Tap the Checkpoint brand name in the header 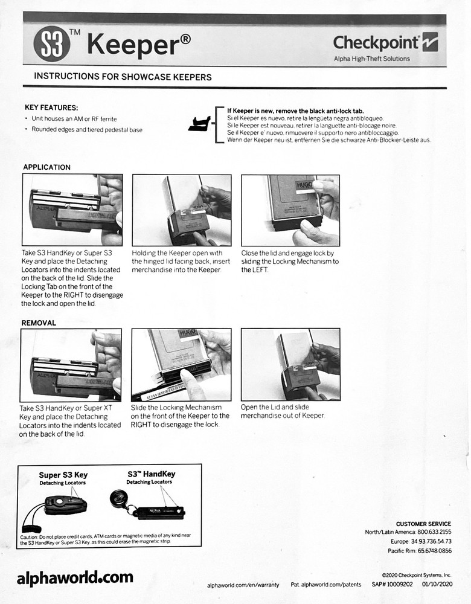click(376, 43)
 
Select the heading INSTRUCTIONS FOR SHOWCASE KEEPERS click(123, 77)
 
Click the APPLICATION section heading click(46, 167)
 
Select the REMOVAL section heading click(39, 323)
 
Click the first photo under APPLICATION click(72, 210)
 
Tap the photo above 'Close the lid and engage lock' click(290, 210)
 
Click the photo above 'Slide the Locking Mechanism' click(181, 365)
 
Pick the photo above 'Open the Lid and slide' click(290, 365)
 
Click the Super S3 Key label click(63, 475)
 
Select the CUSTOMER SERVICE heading click(423, 524)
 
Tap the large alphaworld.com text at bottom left click(75, 577)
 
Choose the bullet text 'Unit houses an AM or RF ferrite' click(74, 118)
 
